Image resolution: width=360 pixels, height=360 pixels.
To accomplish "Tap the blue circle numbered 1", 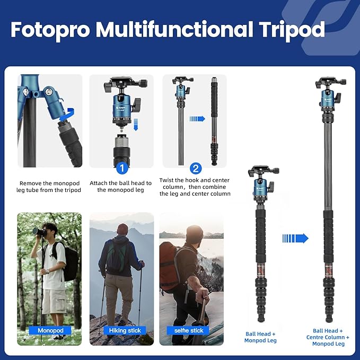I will (121, 169).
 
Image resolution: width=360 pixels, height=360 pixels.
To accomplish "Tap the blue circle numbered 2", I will (196, 169).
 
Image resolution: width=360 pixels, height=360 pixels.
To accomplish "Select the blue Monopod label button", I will (50, 330).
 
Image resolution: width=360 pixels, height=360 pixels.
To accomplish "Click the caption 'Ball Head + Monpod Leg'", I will (260, 336).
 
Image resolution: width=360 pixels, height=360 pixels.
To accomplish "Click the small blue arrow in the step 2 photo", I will (197, 119).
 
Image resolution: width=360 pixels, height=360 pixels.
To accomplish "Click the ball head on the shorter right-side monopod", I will (262, 180).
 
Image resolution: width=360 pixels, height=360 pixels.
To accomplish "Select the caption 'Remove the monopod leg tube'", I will (50, 186).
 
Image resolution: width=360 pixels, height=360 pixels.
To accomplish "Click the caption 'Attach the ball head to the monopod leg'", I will (121, 186).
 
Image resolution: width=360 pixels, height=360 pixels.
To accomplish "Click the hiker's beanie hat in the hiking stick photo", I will (122, 229).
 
